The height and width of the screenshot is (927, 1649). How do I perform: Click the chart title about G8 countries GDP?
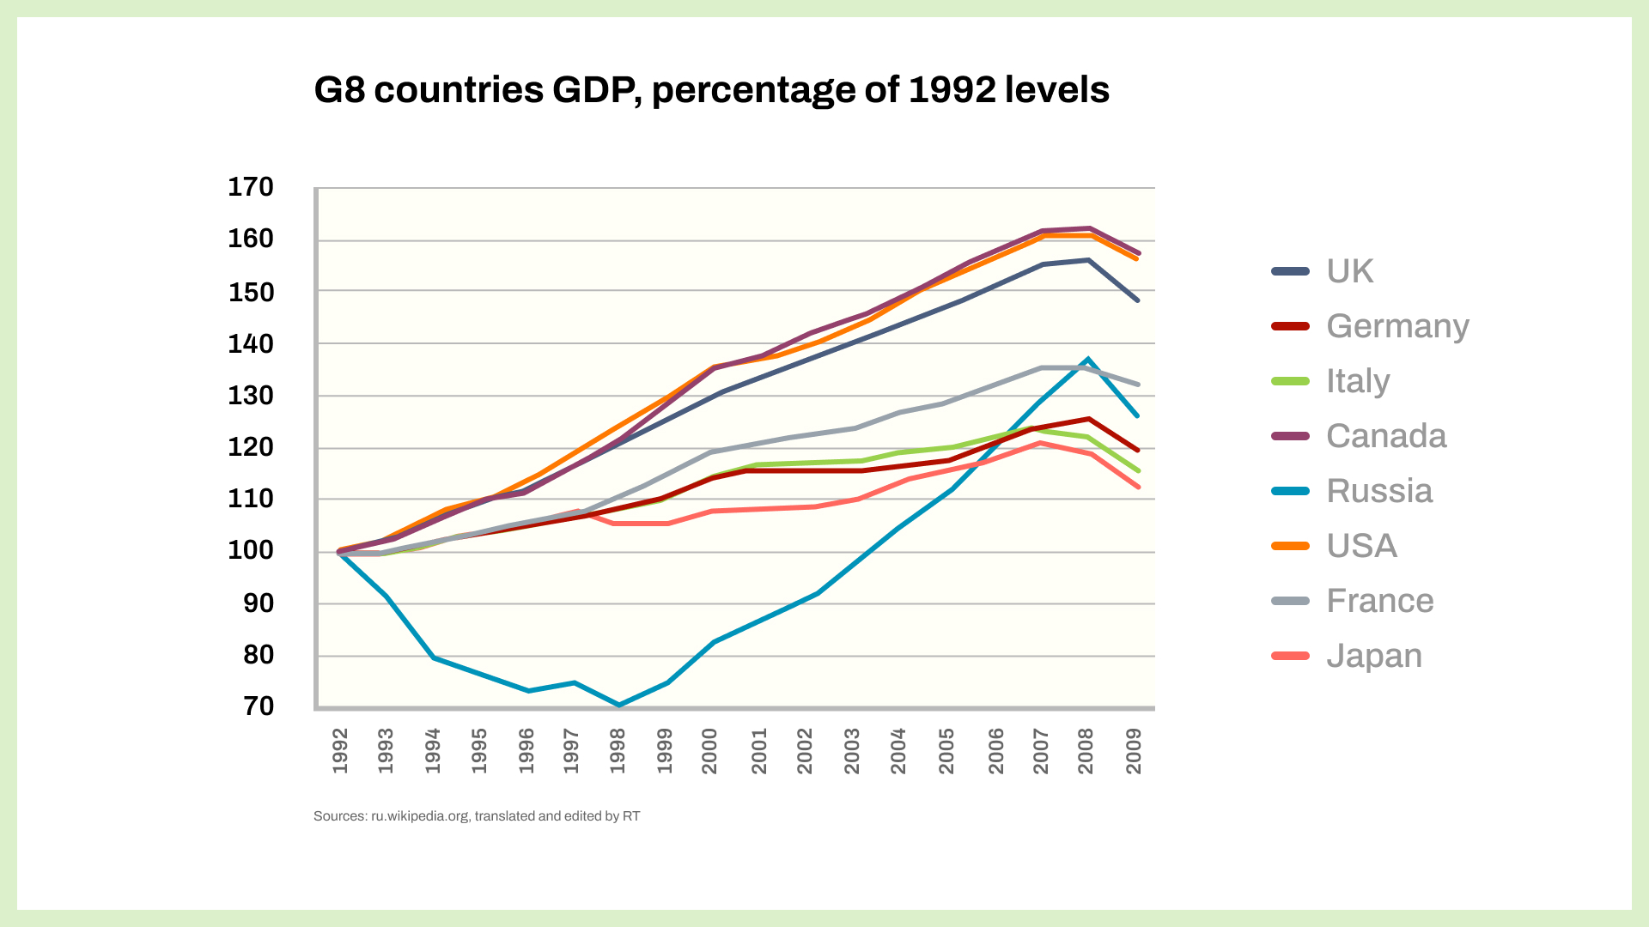tap(711, 90)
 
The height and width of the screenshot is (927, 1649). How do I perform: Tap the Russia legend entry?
tap(1378, 491)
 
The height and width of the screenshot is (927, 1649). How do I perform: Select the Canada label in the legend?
tap(1385, 436)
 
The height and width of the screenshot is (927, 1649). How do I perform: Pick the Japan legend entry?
tap(1373, 656)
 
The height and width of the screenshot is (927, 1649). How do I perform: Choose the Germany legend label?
tap(1396, 326)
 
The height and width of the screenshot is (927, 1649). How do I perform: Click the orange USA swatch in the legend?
tap(1290, 546)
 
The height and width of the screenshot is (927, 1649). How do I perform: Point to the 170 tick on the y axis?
tap(251, 187)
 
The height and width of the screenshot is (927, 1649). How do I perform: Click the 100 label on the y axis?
tap(251, 550)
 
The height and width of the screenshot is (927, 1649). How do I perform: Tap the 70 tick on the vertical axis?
tap(259, 706)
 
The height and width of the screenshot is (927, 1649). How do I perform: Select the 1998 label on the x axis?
tap(618, 751)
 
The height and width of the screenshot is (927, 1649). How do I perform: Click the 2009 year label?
tap(1134, 751)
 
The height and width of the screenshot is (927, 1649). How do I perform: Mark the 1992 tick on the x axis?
tap(340, 751)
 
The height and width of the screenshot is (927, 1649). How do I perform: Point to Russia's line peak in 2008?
tap(1088, 359)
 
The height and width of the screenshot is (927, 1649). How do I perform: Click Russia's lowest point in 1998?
tap(618, 705)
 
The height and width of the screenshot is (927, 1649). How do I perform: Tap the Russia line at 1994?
tap(435, 657)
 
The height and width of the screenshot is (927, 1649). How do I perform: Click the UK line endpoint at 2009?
tap(1138, 300)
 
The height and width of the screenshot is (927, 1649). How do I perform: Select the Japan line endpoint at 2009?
tap(1138, 487)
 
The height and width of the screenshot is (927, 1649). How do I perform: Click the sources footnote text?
tap(477, 816)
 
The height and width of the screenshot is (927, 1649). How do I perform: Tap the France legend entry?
tap(1379, 601)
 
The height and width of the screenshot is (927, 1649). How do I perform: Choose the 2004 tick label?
tap(898, 751)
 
